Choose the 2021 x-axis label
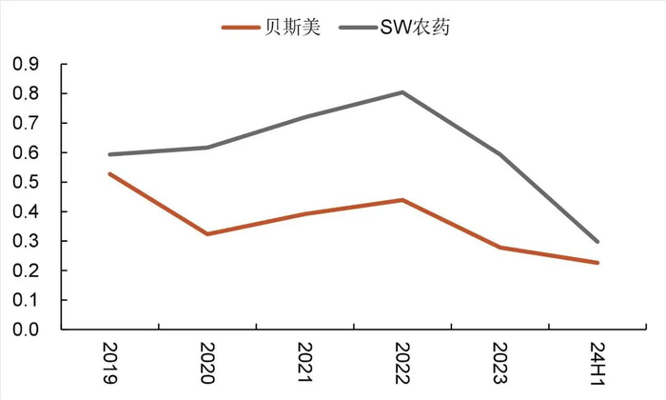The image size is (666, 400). click(x=304, y=363)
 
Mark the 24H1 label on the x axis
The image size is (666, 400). click(x=597, y=363)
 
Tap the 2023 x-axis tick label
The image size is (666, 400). click(x=499, y=363)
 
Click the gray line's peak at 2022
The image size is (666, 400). click(x=402, y=92)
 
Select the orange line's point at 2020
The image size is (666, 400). click(x=207, y=233)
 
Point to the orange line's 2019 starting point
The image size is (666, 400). click(x=109, y=173)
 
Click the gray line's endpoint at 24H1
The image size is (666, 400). click(x=597, y=242)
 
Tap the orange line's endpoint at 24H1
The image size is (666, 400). click(x=597, y=263)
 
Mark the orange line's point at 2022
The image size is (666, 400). click(x=402, y=200)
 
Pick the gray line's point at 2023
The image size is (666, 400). click(x=499, y=154)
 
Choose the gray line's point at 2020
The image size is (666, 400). click(x=207, y=148)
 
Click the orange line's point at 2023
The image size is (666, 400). click(x=499, y=248)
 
